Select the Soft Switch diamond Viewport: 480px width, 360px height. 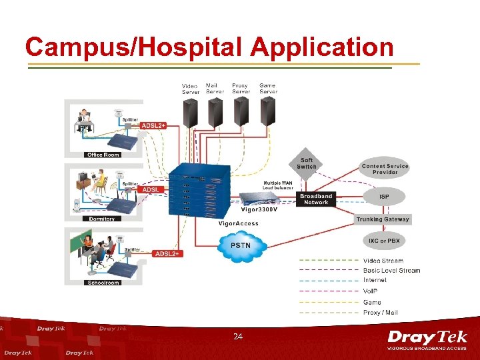307,163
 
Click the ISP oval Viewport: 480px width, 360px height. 384,197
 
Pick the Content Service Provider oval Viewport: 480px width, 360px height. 385,169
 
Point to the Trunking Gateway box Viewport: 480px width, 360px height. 383,219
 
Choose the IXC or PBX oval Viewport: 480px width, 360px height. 385,240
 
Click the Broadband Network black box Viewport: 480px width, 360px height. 316,199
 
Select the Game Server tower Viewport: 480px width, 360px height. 267,112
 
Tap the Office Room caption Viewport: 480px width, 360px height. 103,155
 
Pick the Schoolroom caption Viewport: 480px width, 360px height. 103,283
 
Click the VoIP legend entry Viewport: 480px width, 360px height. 371,291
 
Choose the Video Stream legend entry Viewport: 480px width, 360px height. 383,260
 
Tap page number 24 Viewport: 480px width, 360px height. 238,337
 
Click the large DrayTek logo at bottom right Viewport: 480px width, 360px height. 427,339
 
